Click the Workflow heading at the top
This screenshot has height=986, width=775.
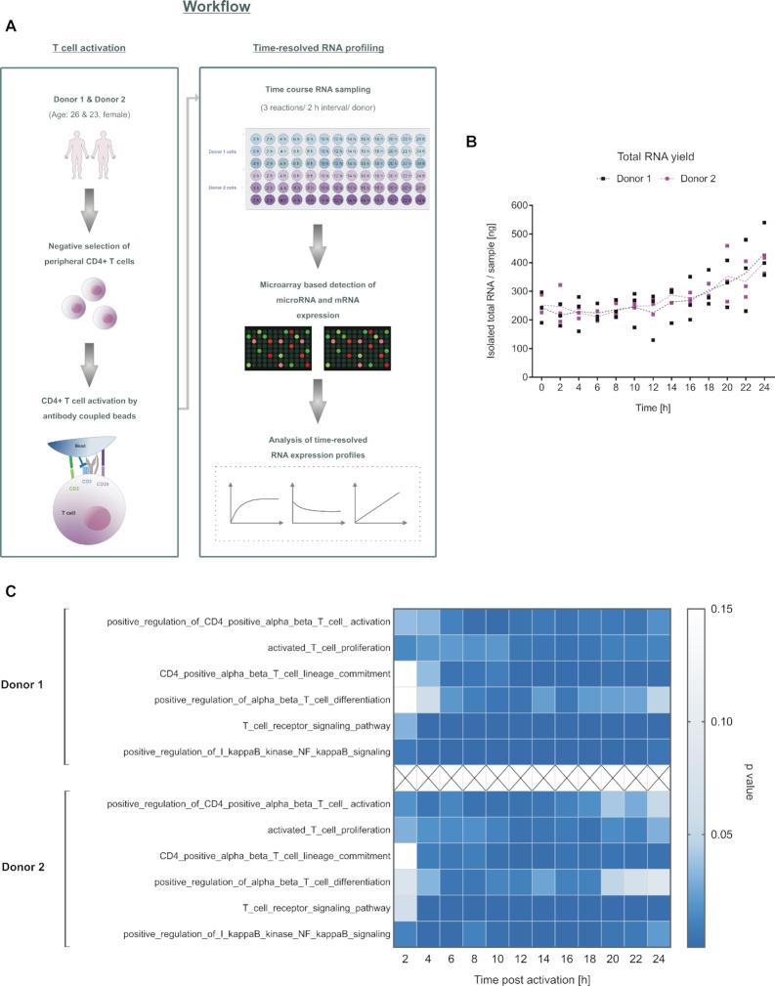pyautogui.click(x=216, y=8)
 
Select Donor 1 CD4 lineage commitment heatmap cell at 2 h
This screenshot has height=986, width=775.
pyautogui.click(x=406, y=673)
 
